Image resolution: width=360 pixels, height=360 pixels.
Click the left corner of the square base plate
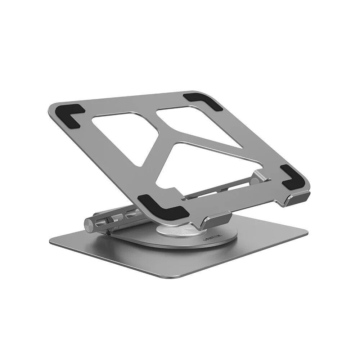click(52, 241)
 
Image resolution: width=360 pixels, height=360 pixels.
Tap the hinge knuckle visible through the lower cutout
click(258, 176)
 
